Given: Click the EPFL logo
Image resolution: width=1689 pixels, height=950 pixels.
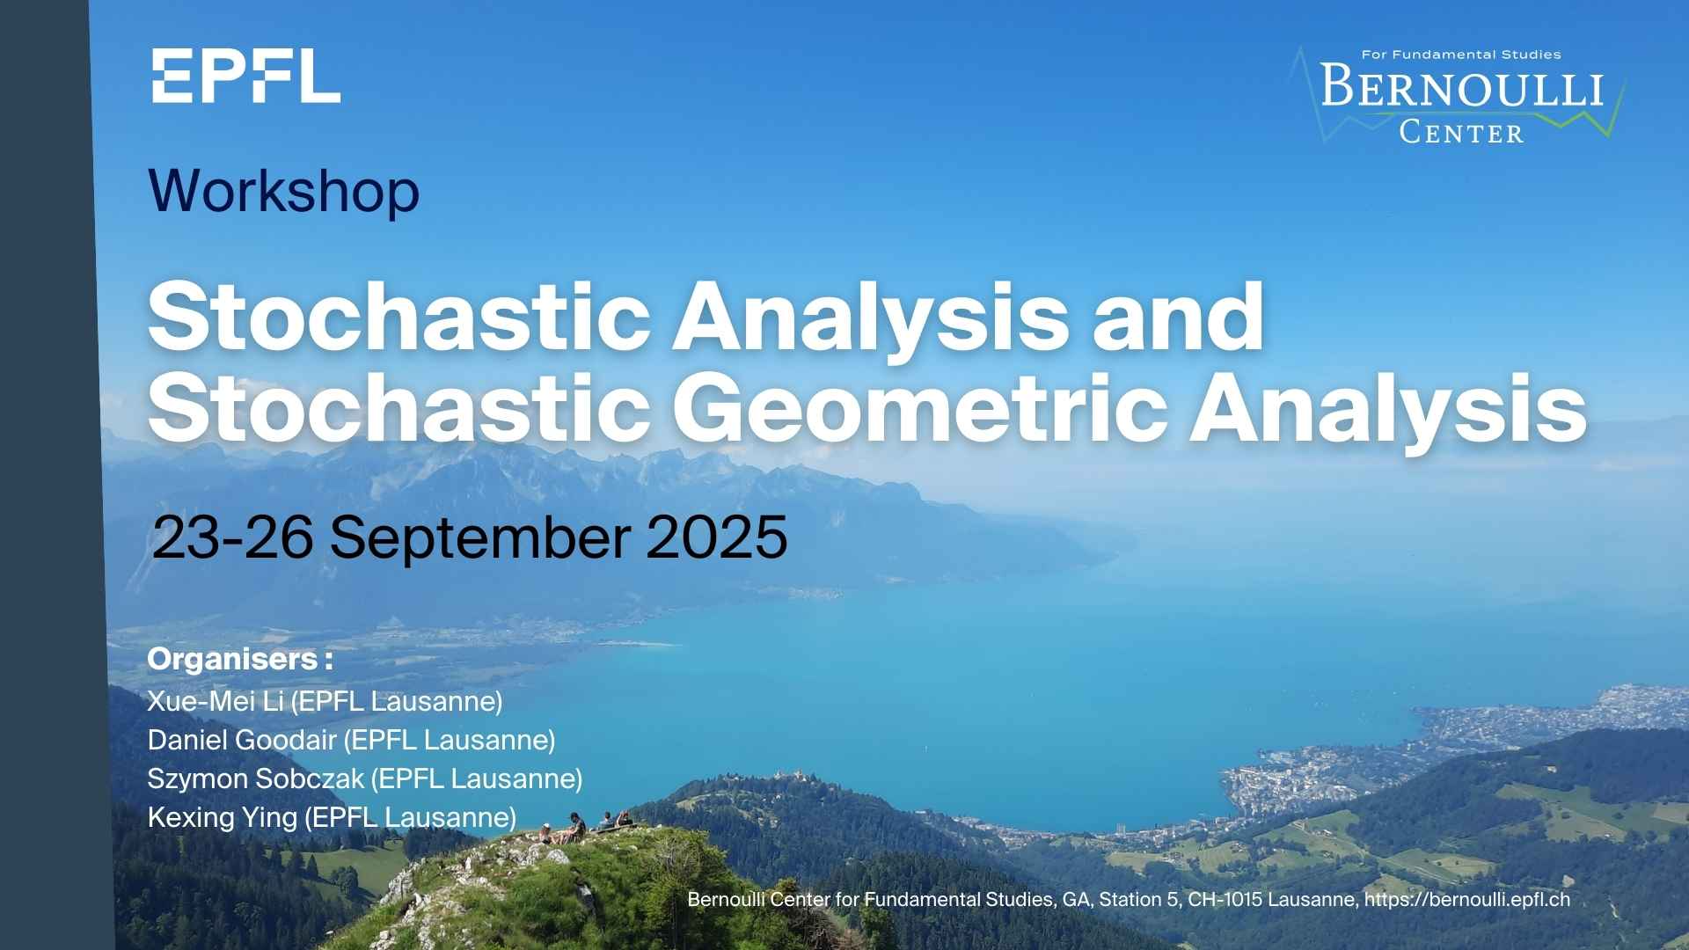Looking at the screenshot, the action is pyautogui.click(x=246, y=76).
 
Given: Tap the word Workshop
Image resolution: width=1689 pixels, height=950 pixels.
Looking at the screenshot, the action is pyautogui.click(x=284, y=191).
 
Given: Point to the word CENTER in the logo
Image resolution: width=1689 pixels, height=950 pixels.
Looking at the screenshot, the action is pyautogui.click(x=1461, y=133).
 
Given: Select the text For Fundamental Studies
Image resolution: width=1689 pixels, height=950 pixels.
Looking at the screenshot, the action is pyautogui.click(x=1461, y=55).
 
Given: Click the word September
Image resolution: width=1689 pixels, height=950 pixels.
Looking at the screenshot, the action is pyautogui.click(x=480, y=539).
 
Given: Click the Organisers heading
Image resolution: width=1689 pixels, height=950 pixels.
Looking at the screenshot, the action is pyautogui.click(x=240, y=659).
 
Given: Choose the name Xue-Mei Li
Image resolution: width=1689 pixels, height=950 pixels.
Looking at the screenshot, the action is pyautogui.click(x=216, y=701).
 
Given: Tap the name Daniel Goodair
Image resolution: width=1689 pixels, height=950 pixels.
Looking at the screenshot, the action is pyautogui.click(x=242, y=740).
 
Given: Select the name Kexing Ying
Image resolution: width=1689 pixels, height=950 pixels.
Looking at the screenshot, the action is pyautogui.click(x=223, y=818).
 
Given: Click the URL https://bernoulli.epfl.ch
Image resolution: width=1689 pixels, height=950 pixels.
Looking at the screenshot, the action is pyautogui.click(x=1467, y=900).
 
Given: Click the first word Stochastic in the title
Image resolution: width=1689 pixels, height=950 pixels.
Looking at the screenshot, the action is pyautogui.click(x=398, y=316).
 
